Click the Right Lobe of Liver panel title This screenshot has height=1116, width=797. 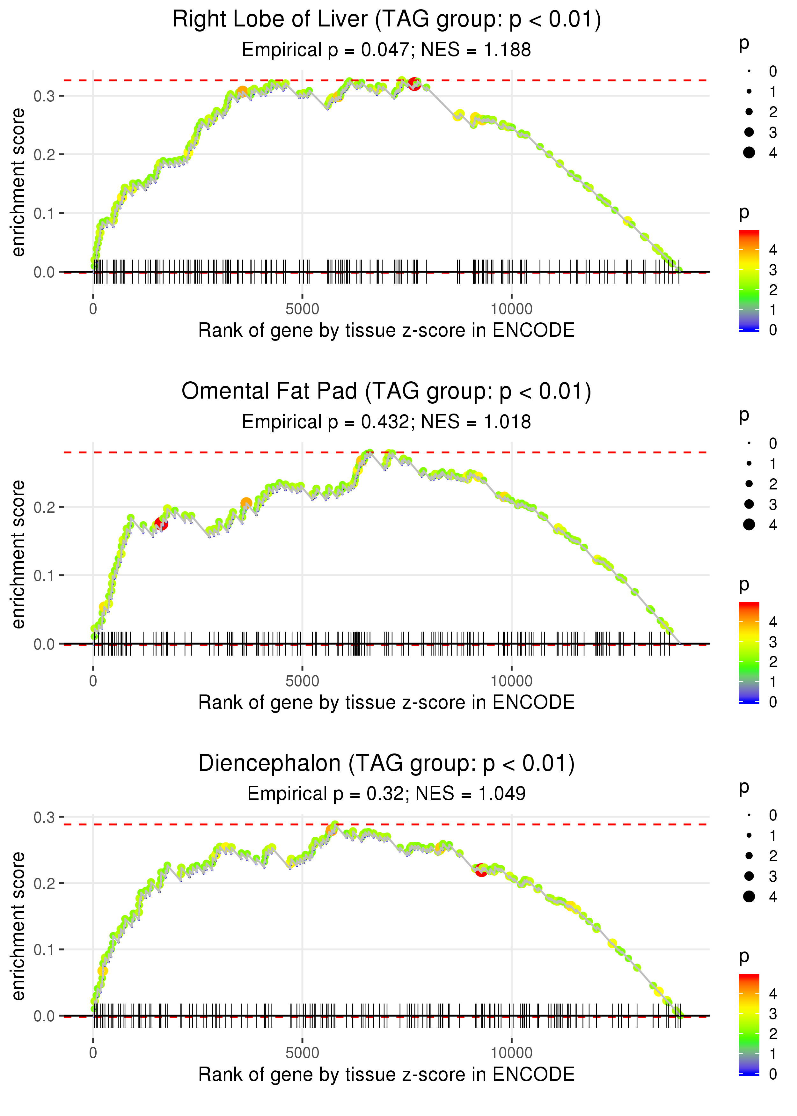pyautogui.click(x=386, y=20)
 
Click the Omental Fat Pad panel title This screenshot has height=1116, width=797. pyautogui.click(x=386, y=392)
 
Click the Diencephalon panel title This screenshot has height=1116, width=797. pyautogui.click(x=386, y=764)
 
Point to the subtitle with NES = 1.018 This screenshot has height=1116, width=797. pyautogui.click(x=386, y=422)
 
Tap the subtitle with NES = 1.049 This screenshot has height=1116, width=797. pyautogui.click(x=386, y=794)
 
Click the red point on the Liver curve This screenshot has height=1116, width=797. pyautogui.click(x=414, y=84)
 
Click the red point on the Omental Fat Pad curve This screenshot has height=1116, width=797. pyautogui.click(x=161, y=524)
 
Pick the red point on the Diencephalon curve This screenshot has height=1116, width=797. pyautogui.click(x=481, y=870)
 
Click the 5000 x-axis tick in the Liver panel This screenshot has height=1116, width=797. pyautogui.click(x=302, y=309)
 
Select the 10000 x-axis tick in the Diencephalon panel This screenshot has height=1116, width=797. pyautogui.click(x=511, y=1053)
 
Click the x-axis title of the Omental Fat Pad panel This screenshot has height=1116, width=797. pyautogui.click(x=386, y=702)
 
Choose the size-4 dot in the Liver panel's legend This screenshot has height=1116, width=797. pyautogui.click(x=749, y=153)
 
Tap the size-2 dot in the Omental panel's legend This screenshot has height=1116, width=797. pyautogui.click(x=749, y=484)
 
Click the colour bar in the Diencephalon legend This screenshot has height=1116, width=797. pyautogui.click(x=749, y=1025)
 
